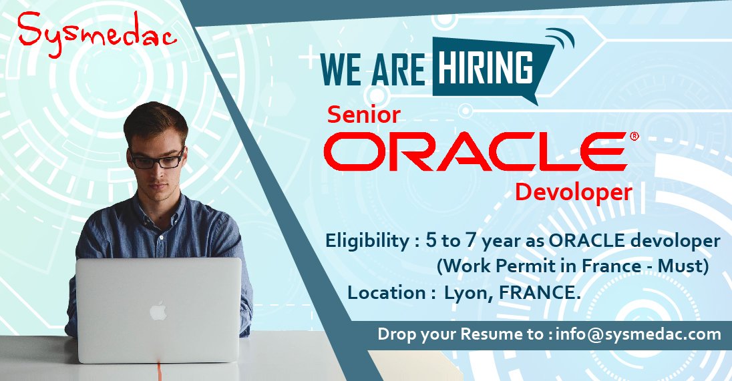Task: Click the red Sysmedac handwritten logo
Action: [97, 31]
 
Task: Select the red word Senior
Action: [363, 115]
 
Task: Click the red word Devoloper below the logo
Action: [573, 192]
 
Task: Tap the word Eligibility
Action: [365, 241]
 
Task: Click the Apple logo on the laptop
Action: [158, 311]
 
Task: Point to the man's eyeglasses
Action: [157, 159]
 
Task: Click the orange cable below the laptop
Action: [158, 370]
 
